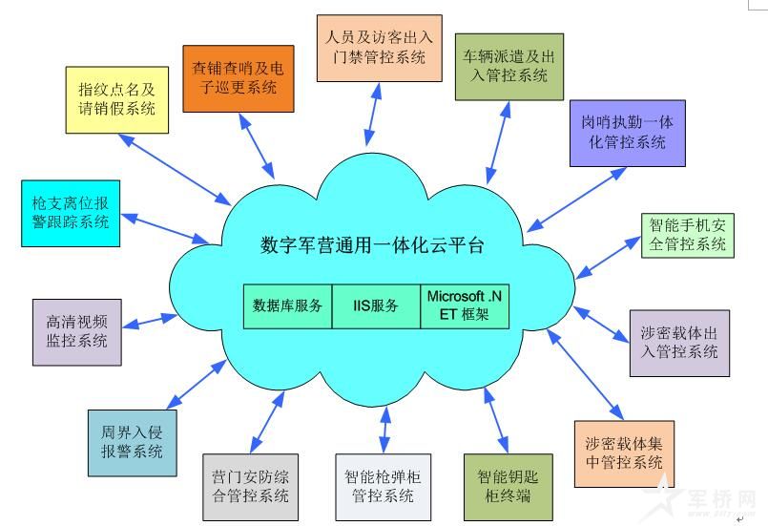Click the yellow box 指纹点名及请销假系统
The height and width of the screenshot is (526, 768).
pos(117,99)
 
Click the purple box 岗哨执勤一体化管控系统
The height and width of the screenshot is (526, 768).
pos(626,133)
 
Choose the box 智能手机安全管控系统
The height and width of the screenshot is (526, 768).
pos(687,235)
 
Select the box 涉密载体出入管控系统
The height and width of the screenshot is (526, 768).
pos(679,344)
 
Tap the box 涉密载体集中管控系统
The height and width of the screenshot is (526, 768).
pos(624,453)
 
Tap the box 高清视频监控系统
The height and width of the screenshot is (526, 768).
pos(76,330)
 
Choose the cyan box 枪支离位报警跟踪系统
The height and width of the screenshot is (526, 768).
pos(71,212)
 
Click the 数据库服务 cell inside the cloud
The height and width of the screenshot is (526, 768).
pos(287,306)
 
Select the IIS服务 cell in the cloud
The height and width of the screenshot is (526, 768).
pos(376,306)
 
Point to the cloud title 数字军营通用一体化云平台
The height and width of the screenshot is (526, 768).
pos(372,245)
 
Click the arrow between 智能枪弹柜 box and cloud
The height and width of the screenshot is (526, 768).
pos(384,429)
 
